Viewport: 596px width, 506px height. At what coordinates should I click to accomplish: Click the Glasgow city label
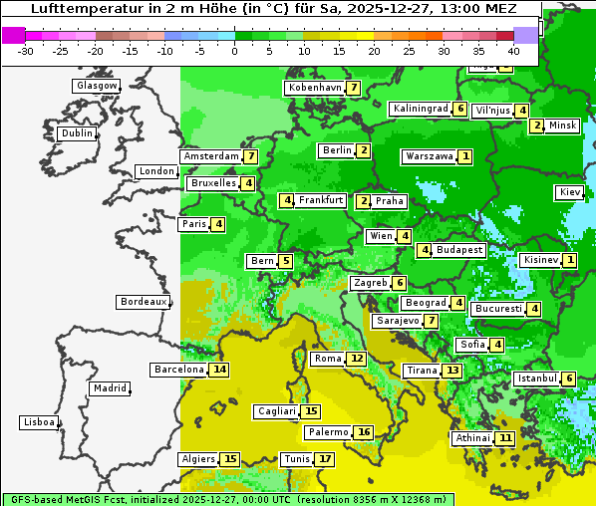96,86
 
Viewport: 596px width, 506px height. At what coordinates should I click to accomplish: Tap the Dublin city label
76,133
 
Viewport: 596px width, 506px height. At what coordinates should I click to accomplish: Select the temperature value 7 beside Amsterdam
251,156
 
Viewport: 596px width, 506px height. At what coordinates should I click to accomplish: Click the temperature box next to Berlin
365,150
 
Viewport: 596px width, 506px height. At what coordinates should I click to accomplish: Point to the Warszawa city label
429,156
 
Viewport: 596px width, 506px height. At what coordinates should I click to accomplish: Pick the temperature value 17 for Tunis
324,459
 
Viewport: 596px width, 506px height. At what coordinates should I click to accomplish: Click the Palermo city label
328,432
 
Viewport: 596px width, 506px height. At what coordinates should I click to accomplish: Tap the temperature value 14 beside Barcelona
219,370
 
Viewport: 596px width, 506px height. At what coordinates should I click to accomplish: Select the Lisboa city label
38,422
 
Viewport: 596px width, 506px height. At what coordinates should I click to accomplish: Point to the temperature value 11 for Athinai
506,438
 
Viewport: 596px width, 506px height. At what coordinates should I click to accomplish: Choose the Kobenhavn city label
315,88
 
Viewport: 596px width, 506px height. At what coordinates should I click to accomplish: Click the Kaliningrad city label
420,109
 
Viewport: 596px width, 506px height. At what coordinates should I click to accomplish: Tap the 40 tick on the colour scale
513,50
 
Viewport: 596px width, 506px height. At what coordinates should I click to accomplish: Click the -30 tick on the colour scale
26,50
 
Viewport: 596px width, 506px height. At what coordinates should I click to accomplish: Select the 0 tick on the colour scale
234,50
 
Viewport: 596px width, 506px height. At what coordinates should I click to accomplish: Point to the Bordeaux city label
144,301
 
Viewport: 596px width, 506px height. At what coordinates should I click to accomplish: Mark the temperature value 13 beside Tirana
452,371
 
